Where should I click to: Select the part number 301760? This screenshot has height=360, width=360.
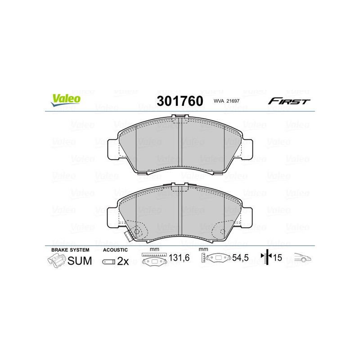(179, 101)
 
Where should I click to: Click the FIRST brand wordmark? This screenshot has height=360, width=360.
(289, 101)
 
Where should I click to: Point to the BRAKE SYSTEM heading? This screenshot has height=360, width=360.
(70, 250)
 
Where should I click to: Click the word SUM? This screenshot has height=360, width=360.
(79, 261)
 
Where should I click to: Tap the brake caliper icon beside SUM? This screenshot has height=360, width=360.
(56, 260)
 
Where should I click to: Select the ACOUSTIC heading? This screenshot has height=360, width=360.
(115, 250)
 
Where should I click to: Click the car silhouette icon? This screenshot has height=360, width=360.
(302, 258)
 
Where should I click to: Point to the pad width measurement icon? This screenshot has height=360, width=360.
(153, 259)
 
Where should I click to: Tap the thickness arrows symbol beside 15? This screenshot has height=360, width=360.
(268, 258)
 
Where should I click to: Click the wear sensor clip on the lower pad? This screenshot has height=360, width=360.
(129, 234)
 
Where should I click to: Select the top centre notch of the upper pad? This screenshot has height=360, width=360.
(180, 118)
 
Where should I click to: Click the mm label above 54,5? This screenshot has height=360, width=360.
(203, 250)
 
